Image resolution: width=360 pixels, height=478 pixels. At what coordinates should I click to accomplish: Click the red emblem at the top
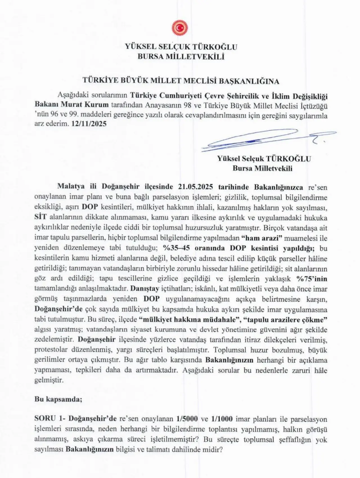(x=180, y=28)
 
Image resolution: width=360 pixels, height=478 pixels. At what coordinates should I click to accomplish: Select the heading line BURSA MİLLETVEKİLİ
(x=181, y=57)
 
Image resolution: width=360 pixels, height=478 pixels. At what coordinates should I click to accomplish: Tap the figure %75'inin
(x=312, y=279)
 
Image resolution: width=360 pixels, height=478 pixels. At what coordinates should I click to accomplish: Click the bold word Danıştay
(x=144, y=289)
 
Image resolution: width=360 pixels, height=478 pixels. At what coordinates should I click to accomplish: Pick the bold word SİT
(x=40, y=217)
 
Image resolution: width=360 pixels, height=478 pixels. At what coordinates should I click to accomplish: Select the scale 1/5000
(x=187, y=419)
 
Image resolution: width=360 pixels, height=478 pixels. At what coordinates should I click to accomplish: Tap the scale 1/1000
(x=222, y=419)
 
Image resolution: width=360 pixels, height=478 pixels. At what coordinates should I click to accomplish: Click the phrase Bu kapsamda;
(x=58, y=399)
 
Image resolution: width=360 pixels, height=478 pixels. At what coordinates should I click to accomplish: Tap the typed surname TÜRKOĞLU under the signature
(x=288, y=159)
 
